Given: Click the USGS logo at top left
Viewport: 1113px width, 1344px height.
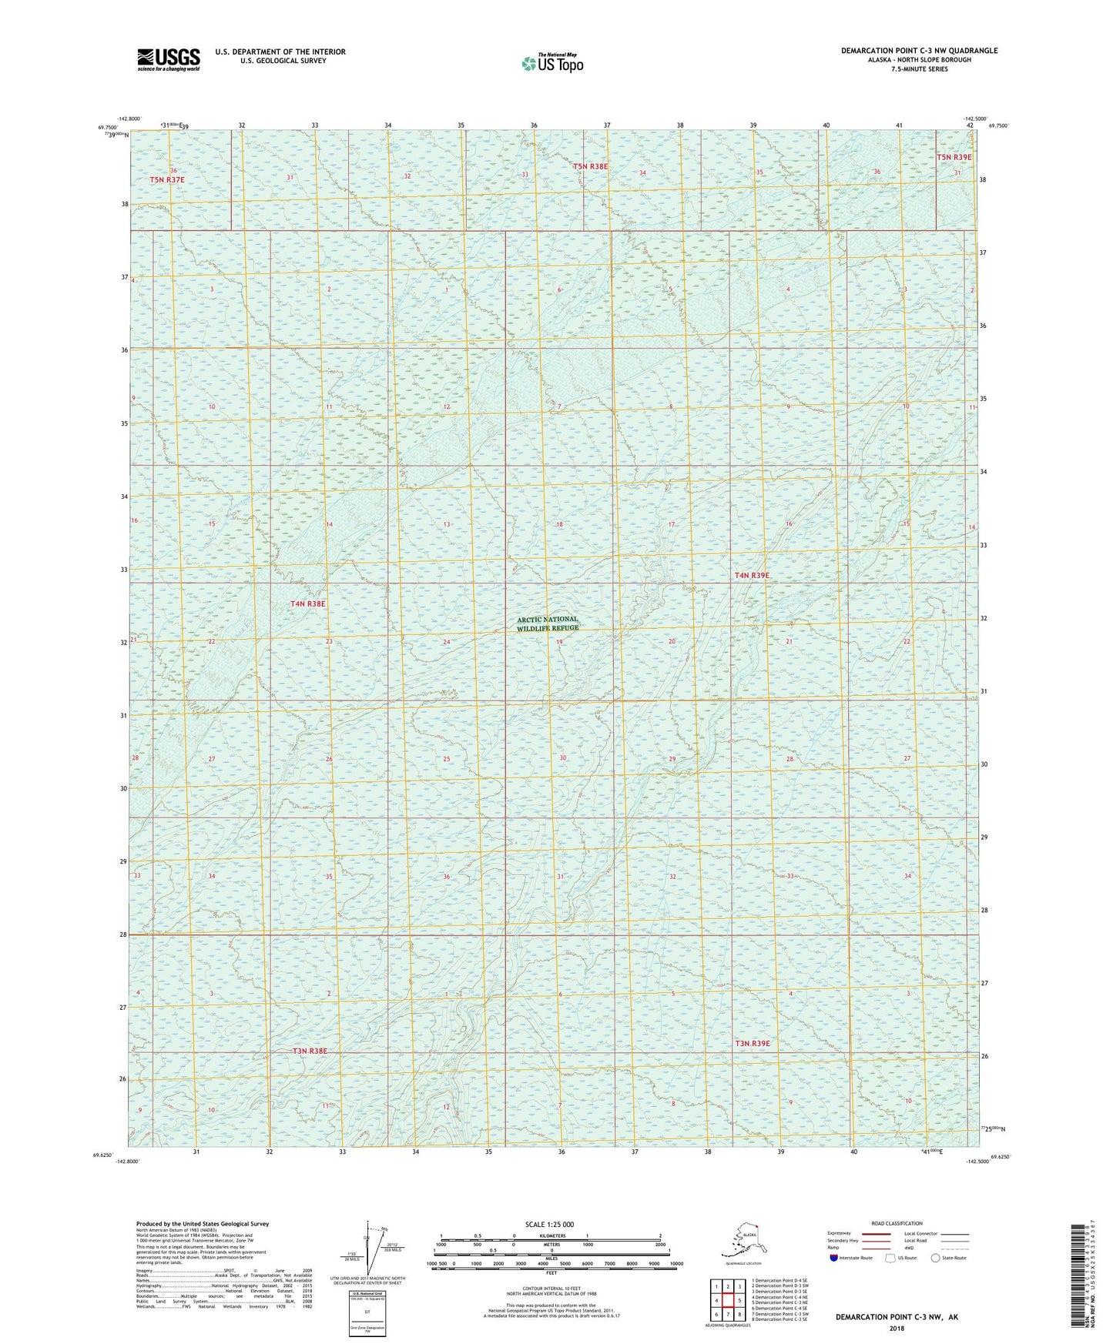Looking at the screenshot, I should point(168,59).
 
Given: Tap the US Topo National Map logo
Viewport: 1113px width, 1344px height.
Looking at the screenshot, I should point(551,63).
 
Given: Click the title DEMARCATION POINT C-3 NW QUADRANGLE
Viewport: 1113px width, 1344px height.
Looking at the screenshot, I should point(919,51).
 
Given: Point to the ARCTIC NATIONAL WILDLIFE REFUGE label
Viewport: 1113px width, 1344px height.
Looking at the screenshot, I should point(547,624).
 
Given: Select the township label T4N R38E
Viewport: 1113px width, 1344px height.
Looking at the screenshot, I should point(307,604).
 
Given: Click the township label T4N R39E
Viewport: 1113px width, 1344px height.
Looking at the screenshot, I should point(751,575).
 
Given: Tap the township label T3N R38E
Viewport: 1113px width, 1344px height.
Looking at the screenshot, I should point(310,1051).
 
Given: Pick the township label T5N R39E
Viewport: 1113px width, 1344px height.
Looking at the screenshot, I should point(954,157).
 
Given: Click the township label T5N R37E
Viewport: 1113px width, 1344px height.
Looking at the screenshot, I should point(167,179).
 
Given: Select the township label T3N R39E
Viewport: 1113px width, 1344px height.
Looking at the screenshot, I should point(752,1044).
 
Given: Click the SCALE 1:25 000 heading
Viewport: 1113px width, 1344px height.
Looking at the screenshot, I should point(549,1224).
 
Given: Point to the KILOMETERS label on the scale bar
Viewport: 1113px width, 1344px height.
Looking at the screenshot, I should point(550,1236).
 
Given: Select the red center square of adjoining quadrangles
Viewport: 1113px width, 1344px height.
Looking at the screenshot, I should point(727,1301).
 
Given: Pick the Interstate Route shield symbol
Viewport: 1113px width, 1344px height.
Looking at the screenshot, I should point(833,1258).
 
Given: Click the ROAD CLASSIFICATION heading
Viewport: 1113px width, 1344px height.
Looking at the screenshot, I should point(897,1223).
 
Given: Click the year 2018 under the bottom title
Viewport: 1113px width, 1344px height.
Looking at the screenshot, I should point(897,1328).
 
